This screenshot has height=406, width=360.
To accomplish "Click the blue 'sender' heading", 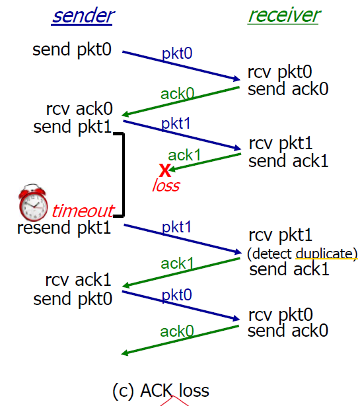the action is click(x=83, y=16).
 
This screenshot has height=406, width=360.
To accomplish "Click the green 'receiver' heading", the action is click(x=284, y=15).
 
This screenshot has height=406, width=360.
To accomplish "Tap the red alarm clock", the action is click(x=33, y=202).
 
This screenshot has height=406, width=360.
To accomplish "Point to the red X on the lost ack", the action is click(x=165, y=170).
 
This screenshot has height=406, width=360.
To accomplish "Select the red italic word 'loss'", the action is click(x=166, y=186).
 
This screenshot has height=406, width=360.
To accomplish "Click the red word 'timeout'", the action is click(x=83, y=211).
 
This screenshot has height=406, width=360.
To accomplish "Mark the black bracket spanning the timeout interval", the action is click(x=124, y=175).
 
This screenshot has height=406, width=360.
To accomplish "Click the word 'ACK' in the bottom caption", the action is click(x=157, y=390).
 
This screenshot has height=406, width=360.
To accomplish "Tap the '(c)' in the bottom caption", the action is click(x=124, y=391).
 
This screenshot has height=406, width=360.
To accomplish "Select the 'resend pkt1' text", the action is click(x=64, y=228).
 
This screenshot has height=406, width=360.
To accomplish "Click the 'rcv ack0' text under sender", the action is click(x=79, y=108).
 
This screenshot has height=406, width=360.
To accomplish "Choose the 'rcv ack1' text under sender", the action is click(x=78, y=280).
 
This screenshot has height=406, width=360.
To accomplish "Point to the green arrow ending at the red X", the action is click(x=205, y=162).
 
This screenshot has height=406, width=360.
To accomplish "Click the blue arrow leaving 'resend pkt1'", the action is click(x=182, y=239).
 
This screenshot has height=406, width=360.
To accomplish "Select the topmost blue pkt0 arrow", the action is click(x=181, y=66).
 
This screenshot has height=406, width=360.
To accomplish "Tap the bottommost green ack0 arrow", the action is click(x=180, y=341).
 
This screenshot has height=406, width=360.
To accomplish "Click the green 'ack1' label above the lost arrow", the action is click(x=184, y=155).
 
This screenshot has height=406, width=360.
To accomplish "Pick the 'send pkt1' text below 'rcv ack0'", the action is click(x=73, y=127).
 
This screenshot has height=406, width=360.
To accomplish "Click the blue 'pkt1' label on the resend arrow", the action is click(x=176, y=227).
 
